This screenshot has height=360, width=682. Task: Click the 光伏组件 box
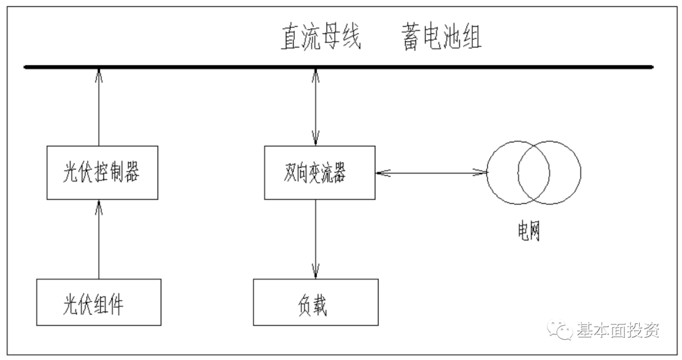(x=100, y=303)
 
